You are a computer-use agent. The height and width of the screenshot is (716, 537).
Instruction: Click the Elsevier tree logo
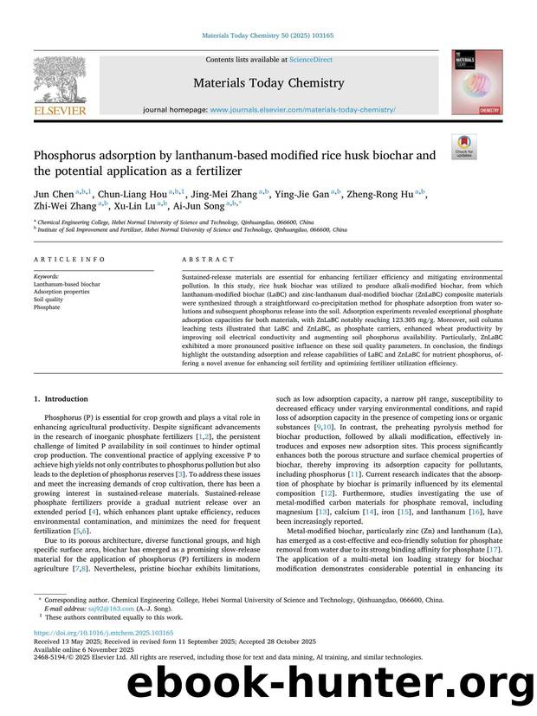(x=60, y=81)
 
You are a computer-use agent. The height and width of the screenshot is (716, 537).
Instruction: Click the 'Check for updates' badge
(x=464, y=147)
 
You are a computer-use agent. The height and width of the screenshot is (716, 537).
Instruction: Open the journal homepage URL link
(x=303, y=111)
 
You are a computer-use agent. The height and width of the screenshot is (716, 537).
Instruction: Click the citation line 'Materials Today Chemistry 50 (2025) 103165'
(x=268, y=35)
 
